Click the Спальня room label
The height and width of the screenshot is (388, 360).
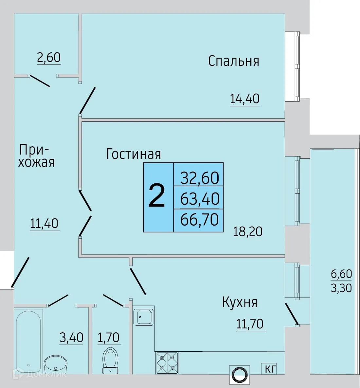(x=233, y=61)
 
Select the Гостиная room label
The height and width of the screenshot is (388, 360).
(x=134, y=154)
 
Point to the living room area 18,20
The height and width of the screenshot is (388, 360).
(x=247, y=231)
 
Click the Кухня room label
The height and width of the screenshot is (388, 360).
(x=240, y=302)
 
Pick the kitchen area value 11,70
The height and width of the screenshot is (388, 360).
(x=250, y=323)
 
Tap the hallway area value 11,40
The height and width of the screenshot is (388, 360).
(x=44, y=223)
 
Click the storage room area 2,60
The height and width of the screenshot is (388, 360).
(x=49, y=57)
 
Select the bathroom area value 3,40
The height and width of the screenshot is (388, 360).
(x=71, y=337)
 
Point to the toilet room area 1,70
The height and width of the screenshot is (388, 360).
(x=109, y=337)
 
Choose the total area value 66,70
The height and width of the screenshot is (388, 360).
(x=199, y=219)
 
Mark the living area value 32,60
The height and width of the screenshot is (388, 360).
(x=200, y=178)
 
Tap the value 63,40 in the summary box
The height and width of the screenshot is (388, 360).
(x=200, y=198)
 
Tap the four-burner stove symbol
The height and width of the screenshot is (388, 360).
(x=167, y=362)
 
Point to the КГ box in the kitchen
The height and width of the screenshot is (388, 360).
(x=269, y=369)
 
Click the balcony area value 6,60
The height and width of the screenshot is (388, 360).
(x=341, y=274)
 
